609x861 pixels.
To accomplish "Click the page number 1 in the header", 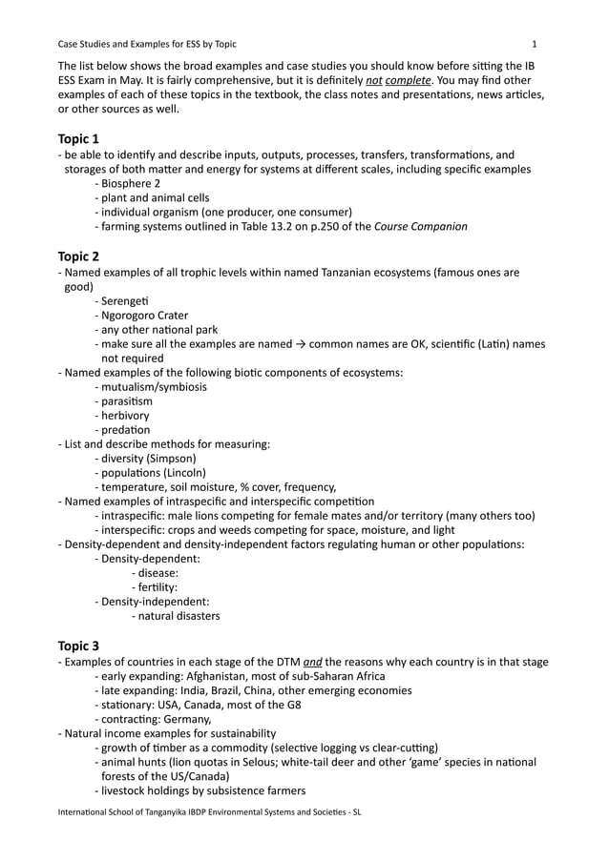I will [x=535, y=44].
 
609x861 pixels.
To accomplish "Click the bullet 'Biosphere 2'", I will [x=131, y=183].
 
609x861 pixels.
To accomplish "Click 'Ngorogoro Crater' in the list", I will [x=144, y=316].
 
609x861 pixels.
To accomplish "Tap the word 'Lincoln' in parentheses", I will [x=185, y=472].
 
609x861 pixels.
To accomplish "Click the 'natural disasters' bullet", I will [x=178, y=616].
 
